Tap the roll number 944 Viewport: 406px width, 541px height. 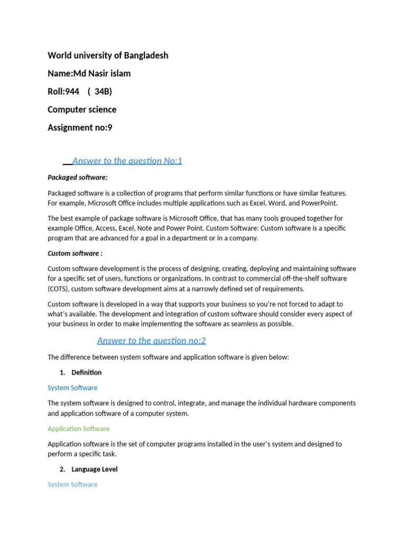tap(71, 91)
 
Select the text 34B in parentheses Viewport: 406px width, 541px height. tap(103, 91)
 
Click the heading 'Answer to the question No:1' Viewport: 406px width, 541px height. tap(127, 161)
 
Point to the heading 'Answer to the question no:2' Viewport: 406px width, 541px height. tap(151, 341)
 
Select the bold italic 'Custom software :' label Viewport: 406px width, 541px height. tap(75, 254)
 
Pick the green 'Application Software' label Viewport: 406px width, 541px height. tap(78, 429)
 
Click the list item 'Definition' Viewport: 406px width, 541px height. tap(87, 372)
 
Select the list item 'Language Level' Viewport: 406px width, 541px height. tap(95, 469)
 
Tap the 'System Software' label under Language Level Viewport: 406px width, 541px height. tap(72, 484)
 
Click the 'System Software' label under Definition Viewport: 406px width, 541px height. tap(72, 388)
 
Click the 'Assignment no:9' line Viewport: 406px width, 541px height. tap(80, 127)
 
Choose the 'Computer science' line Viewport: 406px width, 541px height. tap(82, 109)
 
